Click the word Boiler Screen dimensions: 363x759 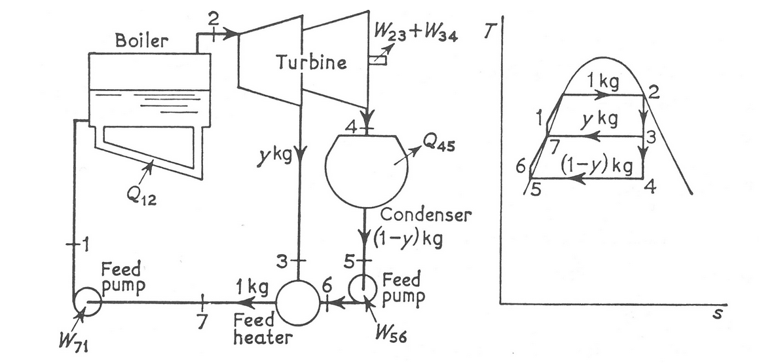coord(141,41)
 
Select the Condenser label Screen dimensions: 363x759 coord(425,215)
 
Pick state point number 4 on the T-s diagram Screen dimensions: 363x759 coord(650,187)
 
